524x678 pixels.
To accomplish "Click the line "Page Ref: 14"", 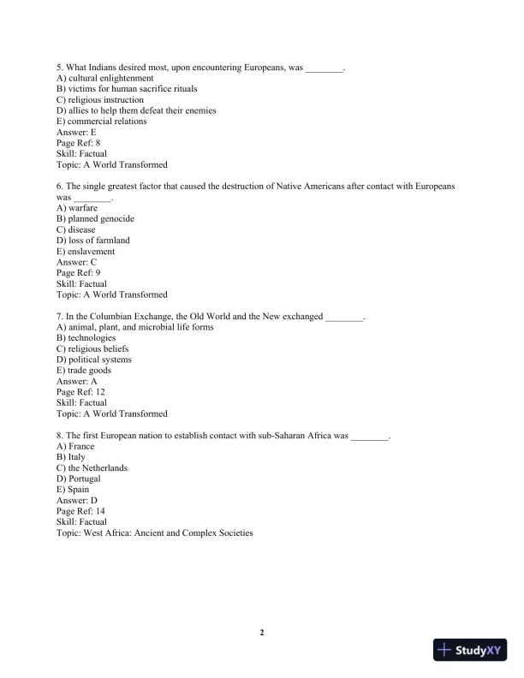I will tap(80, 511).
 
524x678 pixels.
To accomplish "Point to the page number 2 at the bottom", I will tap(262, 633).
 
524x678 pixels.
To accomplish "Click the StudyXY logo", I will tap(470, 651).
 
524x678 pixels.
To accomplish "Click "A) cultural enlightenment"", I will tap(104, 78).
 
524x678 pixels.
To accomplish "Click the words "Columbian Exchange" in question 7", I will tap(131, 317).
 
